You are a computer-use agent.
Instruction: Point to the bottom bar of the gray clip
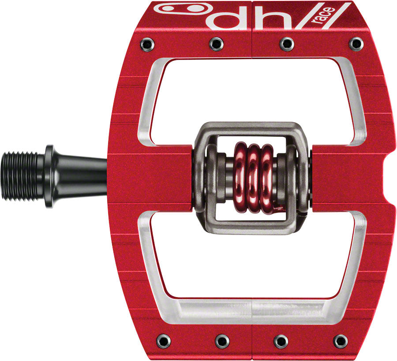point(251,227)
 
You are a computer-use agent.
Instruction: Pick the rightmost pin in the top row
point(356,43)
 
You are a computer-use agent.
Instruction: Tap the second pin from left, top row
point(216,43)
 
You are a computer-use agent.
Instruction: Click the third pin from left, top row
point(287,43)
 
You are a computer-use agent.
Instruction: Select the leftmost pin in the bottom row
point(161,340)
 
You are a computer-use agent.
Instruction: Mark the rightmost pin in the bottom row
point(340,340)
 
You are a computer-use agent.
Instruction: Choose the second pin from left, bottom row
point(222,340)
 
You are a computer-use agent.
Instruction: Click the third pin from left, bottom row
point(280,340)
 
